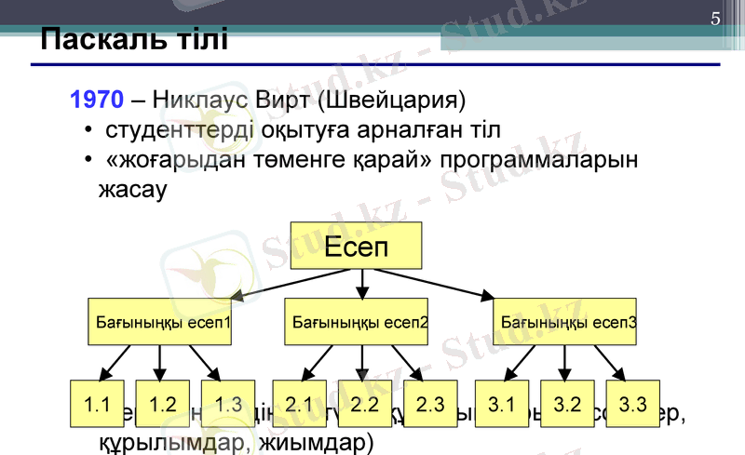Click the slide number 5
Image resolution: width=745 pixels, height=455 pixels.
coord(714,19)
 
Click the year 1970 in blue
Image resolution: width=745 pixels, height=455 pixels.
coord(96,99)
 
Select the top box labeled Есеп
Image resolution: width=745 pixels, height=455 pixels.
coord(356,247)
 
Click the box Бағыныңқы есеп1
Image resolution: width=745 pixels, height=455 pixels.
coord(162,322)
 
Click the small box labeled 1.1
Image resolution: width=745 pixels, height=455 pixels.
coord(98,405)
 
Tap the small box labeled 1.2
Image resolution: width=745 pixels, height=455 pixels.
coord(163,405)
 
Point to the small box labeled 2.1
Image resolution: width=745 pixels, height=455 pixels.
coord(299,405)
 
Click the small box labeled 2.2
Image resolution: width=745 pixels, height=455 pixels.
coord(364,405)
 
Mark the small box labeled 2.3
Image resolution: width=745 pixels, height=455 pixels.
coord(430,405)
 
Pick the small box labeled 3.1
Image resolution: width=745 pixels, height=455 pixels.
coord(501,405)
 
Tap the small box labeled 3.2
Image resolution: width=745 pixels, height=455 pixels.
coord(567,405)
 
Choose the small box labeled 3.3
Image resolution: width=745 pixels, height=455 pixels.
coord(632,405)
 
